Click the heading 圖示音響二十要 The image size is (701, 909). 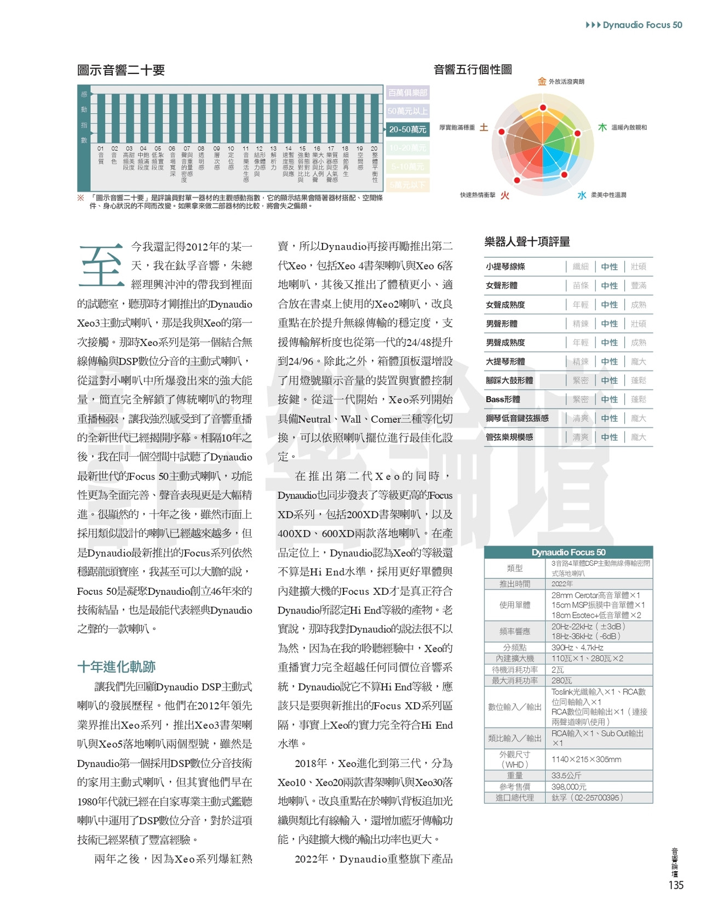pyautogui.click(x=121, y=70)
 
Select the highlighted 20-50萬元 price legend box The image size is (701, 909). pyautogui.click(x=407, y=129)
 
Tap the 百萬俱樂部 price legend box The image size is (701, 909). pyautogui.click(x=407, y=93)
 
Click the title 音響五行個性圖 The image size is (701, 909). pyautogui.click(x=473, y=70)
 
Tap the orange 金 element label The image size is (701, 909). pyautogui.click(x=542, y=82)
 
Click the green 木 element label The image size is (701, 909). pyautogui.click(x=602, y=127)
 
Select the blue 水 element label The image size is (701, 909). pyautogui.click(x=582, y=195)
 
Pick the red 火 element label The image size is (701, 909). pyautogui.click(x=504, y=195)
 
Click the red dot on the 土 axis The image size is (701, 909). pyautogui.click(x=501, y=130)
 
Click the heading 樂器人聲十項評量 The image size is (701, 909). pyautogui.click(x=527, y=242)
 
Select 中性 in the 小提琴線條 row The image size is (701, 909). pyautogui.click(x=609, y=267)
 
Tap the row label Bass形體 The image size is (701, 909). pyautogui.click(x=503, y=399)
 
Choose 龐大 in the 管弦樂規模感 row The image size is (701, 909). pyautogui.click(x=638, y=437)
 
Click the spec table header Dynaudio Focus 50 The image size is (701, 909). pyautogui.click(x=568, y=552)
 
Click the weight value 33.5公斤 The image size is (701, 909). pyautogui.click(x=566, y=776)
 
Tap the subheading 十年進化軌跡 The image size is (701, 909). pyautogui.click(x=116, y=667)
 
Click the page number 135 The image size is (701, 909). pyautogui.click(x=676, y=885)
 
